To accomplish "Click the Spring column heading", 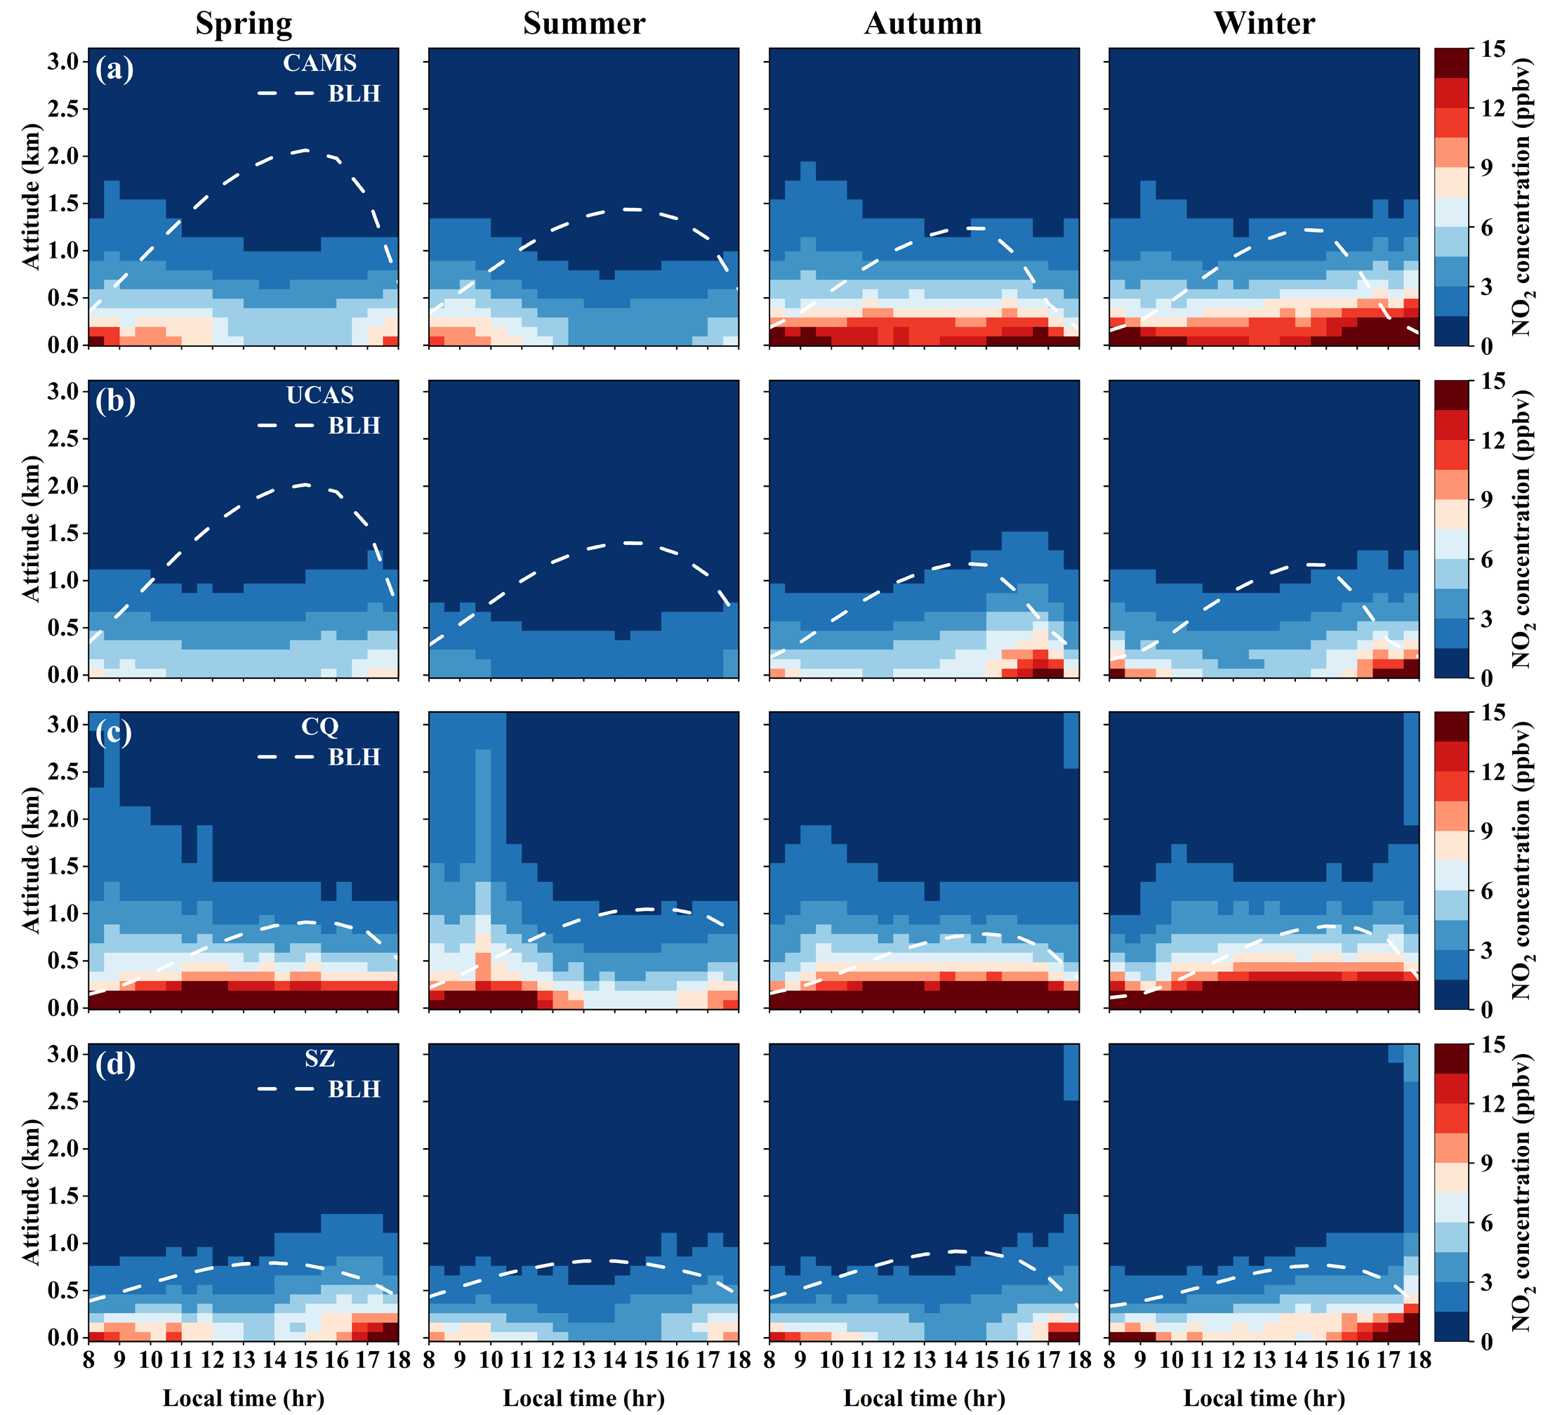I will (x=244, y=23).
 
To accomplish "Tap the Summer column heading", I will (x=584, y=23).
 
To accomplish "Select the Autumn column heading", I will (x=923, y=23).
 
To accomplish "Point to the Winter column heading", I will (x=1264, y=23).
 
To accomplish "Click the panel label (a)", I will (x=114, y=70).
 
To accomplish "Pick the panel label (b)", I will (x=114, y=401).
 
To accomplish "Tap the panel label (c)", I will (x=114, y=733).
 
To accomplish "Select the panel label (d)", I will (x=114, y=1065).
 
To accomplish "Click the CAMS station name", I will (x=319, y=62).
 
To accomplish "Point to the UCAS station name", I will (x=319, y=395).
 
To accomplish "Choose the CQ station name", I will (x=319, y=727).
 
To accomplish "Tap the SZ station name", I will (x=319, y=1058).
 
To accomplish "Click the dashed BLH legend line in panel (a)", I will (x=286, y=93).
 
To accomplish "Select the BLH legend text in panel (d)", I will (x=354, y=1089).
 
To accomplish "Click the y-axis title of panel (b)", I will (x=31, y=529).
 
